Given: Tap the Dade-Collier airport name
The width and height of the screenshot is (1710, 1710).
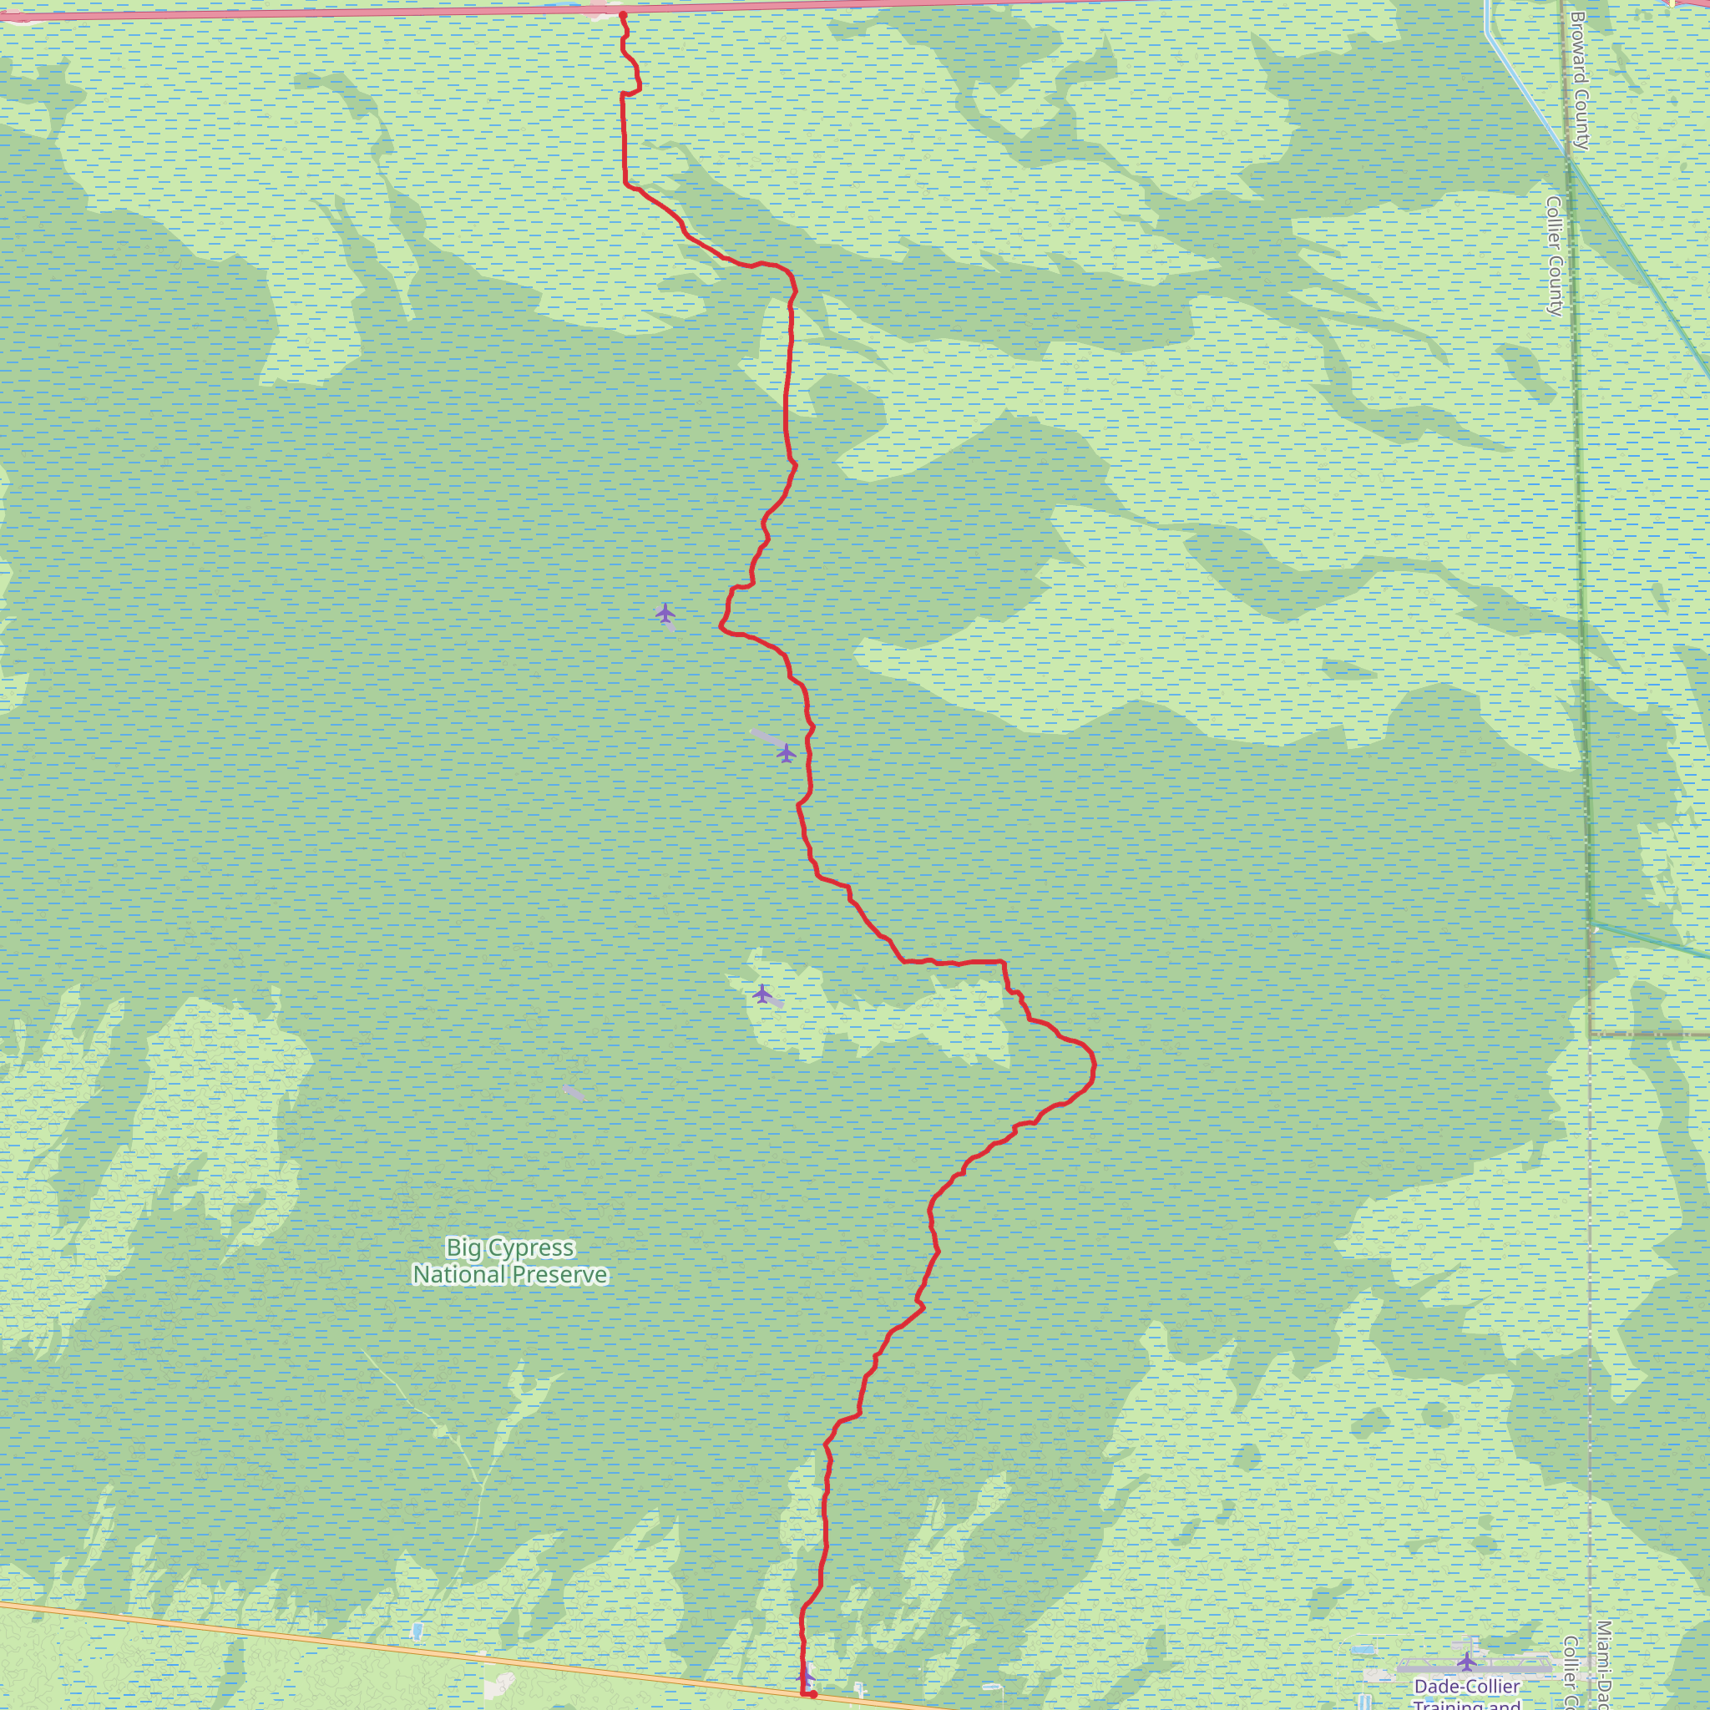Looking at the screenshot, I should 1466,1686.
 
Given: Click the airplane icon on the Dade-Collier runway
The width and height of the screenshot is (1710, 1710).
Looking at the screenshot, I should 1466,1661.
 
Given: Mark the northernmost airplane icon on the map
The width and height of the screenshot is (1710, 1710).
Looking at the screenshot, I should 665,613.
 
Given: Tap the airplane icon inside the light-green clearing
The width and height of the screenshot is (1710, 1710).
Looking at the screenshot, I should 762,993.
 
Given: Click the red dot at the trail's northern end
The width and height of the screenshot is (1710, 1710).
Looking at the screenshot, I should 623,15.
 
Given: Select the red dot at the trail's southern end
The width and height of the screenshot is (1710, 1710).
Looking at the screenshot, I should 812,1695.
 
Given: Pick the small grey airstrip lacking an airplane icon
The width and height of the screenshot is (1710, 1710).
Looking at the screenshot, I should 573,1093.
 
